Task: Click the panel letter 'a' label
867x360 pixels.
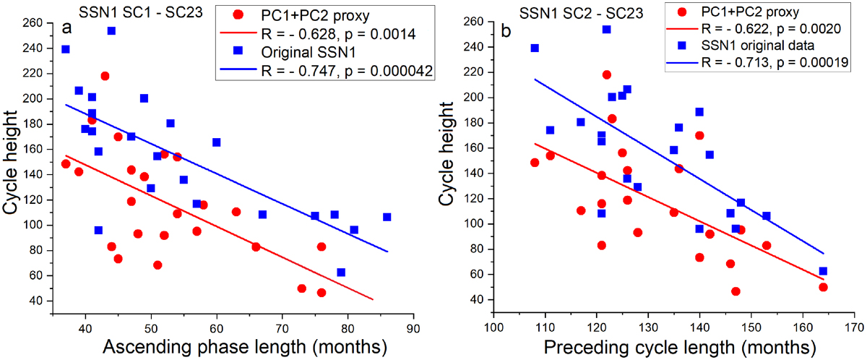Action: tap(66, 30)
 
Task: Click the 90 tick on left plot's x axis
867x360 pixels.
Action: tap(413, 327)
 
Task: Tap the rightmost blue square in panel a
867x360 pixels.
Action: tap(387, 217)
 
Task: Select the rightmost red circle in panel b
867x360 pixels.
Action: tap(823, 287)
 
